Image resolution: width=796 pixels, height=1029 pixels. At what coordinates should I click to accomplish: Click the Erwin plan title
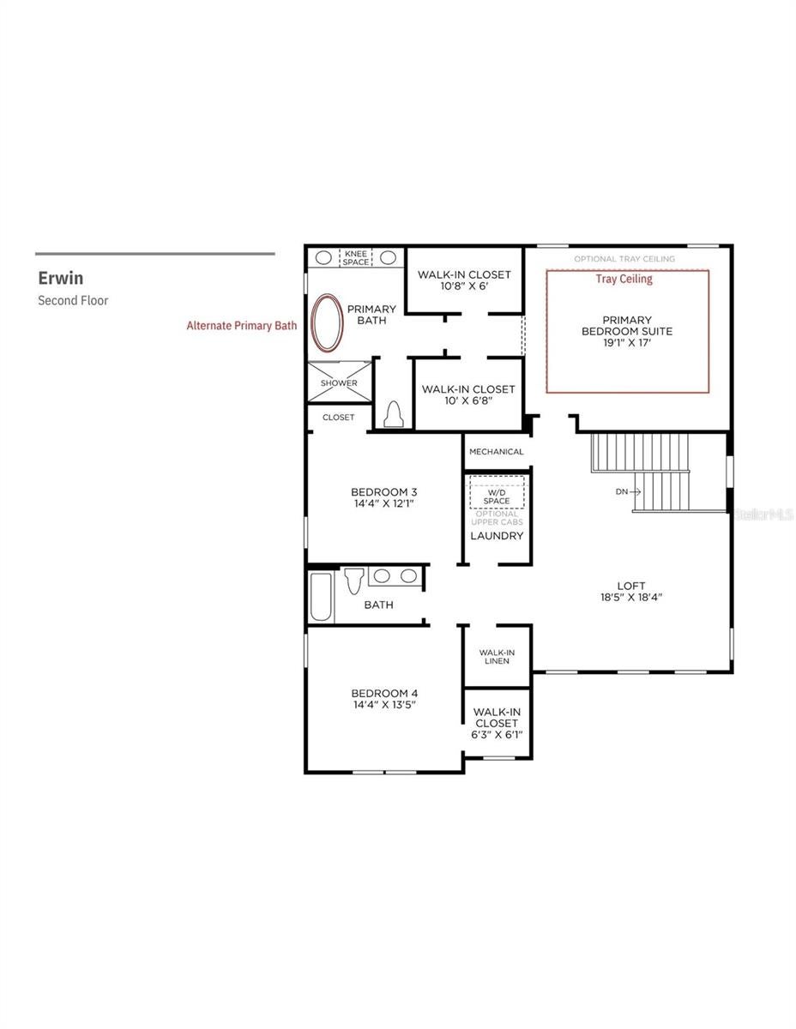pyautogui.click(x=61, y=278)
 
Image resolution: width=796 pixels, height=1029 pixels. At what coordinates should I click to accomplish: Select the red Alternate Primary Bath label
pyautogui.click(x=242, y=326)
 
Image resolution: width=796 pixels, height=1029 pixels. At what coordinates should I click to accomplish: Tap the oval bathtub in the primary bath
pyautogui.click(x=327, y=323)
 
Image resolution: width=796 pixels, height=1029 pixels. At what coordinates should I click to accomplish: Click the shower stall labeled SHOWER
pyautogui.click(x=339, y=382)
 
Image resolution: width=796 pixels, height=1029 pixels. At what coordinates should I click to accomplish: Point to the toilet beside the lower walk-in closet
pyautogui.click(x=394, y=414)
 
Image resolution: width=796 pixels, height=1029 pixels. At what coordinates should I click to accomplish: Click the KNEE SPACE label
pyautogui.click(x=356, y=257)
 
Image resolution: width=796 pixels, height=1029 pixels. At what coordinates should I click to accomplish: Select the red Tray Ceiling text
pyautogui.click(x=624, y=279)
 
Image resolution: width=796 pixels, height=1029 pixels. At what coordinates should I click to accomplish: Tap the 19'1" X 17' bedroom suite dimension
pyautogui.click(x=627, y=342)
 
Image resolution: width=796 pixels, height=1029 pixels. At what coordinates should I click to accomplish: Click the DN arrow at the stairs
pyautogui.click(x=628, y=491)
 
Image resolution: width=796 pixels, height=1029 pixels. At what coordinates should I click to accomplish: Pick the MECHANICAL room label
pyautogui.click(x=497, y=452)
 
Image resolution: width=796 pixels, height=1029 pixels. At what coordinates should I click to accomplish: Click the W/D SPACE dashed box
pyautogui.click(x=497, y=492)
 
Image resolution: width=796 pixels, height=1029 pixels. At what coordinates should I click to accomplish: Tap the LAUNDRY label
pyautogui.click(x=497, y=536)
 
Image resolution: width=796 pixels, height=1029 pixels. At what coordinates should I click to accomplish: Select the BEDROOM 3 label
pyautogui.click(x=384, y=492)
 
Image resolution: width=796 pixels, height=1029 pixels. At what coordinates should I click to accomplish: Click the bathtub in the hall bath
pyautogui.click(x=321, y=597)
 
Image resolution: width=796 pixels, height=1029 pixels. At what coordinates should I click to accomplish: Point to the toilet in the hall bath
pyautogui.click(x=353, y=581)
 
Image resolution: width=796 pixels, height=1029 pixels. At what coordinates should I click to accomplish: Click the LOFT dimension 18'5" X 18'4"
pyautogui.click(x=631, y=597)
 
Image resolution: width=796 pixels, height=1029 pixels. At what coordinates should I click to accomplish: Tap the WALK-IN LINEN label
pyautogui.click(x=497, y=656)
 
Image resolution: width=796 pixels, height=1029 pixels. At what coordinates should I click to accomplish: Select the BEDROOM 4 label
pyautogui.click(x=384, y=693)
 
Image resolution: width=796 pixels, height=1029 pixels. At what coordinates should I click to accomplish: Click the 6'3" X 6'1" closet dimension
pyautogui.click(x=497, y=735)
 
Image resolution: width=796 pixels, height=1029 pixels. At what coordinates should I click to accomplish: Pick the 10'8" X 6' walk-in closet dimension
pyautogui.click(x=464, y=286)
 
